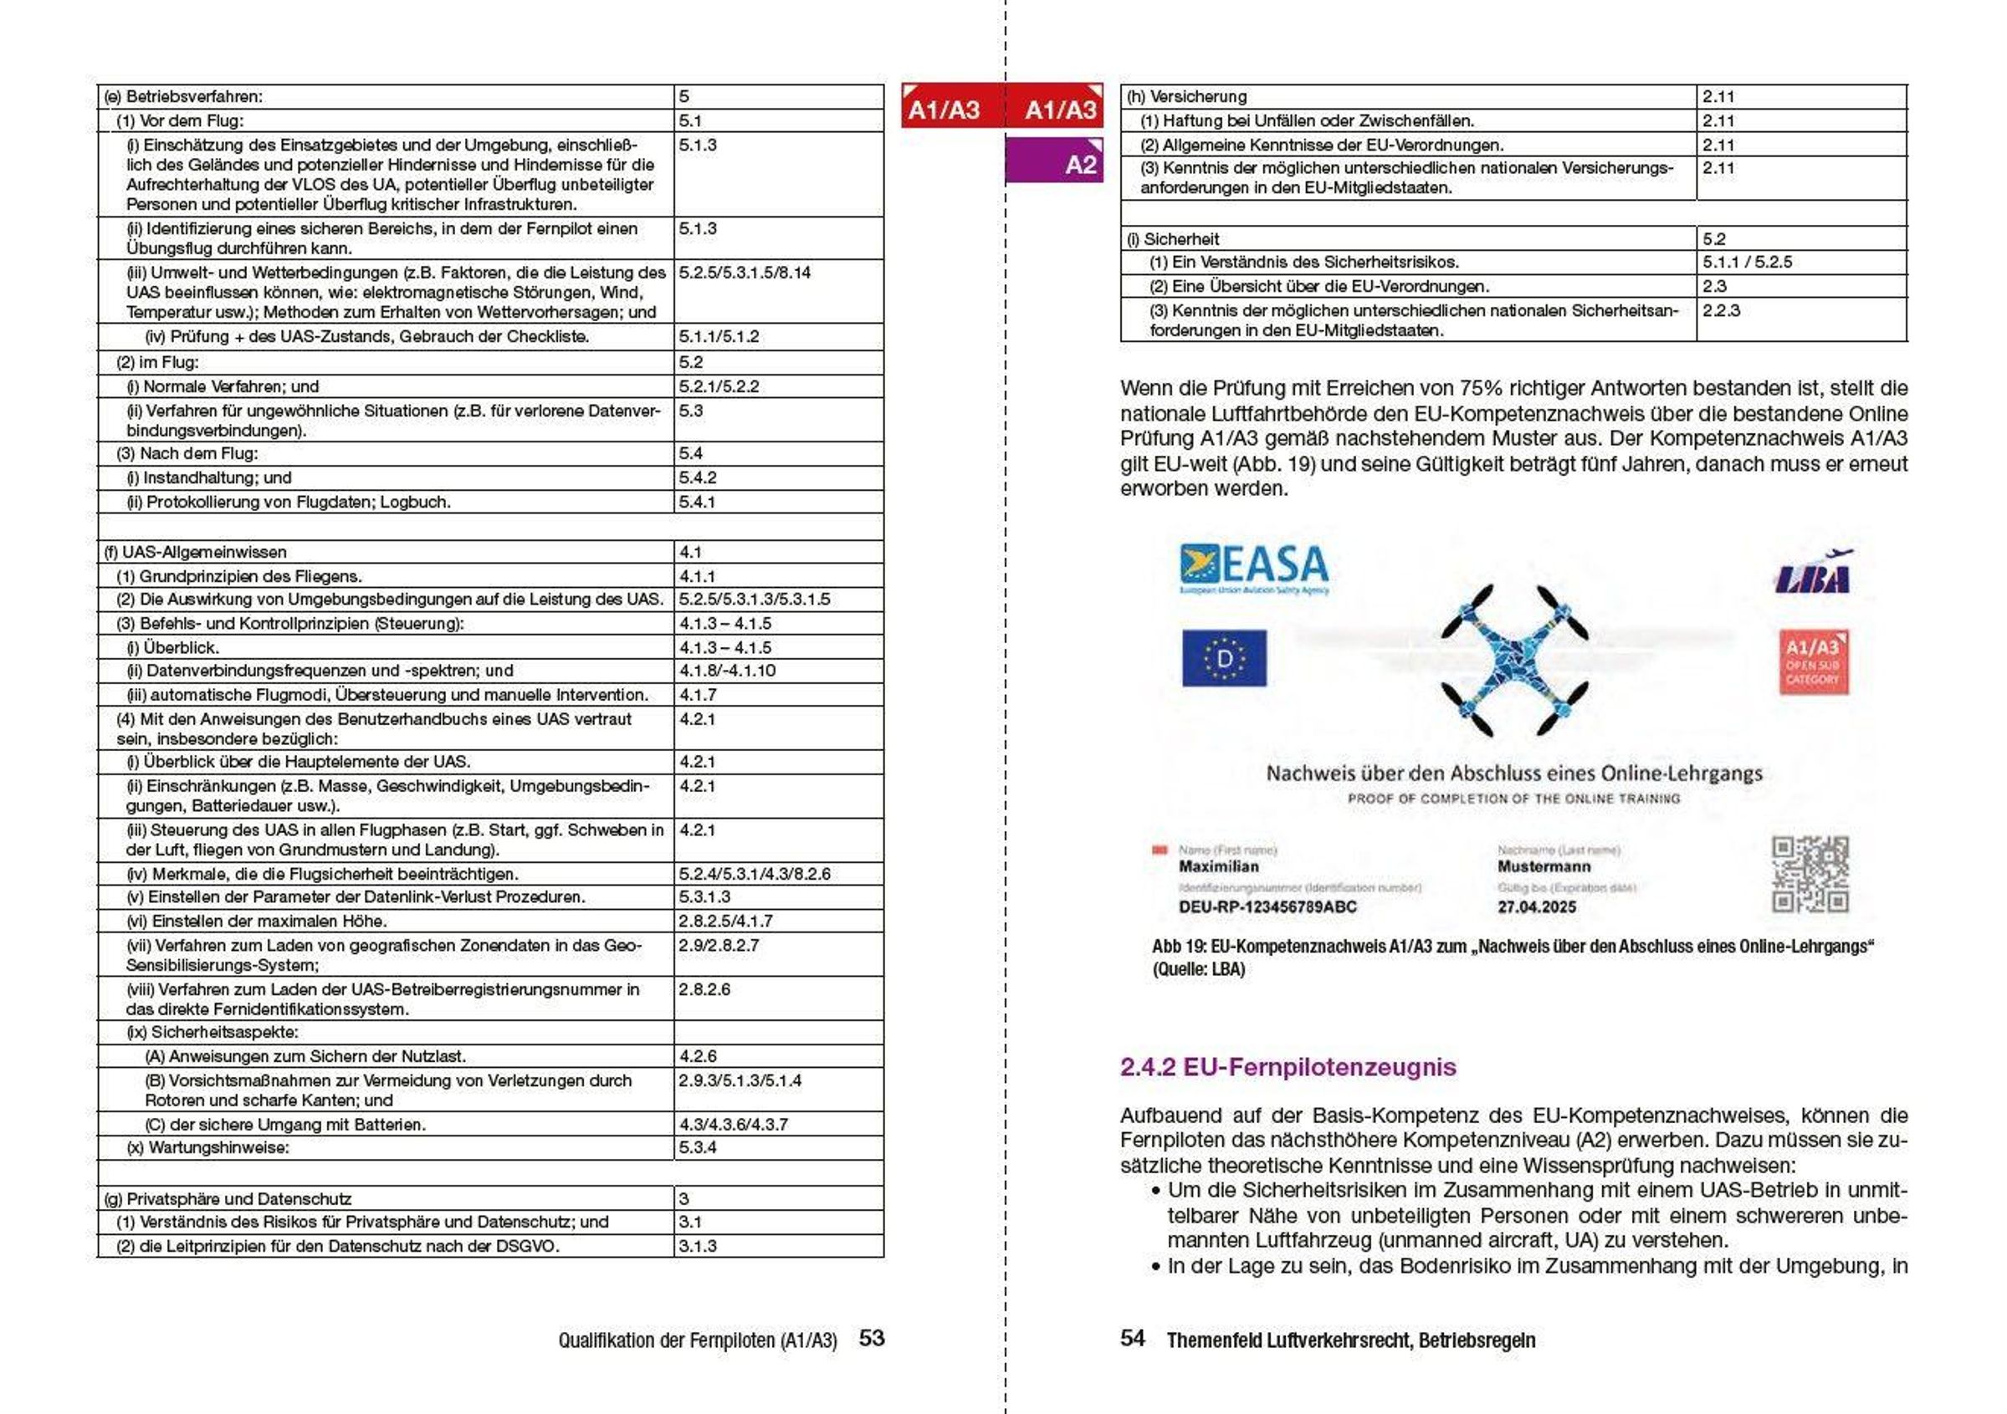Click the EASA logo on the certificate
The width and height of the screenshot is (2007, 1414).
tap(1253, 568)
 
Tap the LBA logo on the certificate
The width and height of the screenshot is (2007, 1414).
tap(1813, 574)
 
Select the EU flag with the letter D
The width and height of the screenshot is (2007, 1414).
tap(1224, 658)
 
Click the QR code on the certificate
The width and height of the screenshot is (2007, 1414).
tap(1810, 874)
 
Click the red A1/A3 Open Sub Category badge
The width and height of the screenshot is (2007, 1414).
tap(1813, 661)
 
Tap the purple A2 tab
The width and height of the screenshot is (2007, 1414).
tap(1055, 162)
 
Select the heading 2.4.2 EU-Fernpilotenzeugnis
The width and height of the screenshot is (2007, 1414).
tap(1288, 1067)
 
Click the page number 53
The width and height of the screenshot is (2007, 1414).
tap(872, 1338)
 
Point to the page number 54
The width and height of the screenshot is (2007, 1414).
tap(1133, 1338)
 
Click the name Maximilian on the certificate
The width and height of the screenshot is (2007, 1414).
tap(1219, 866)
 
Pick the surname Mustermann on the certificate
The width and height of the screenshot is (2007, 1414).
tap(1544, 866)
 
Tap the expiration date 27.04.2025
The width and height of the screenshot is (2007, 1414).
tap(1537, 907)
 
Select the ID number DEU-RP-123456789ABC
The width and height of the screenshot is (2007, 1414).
tap(1267, 907)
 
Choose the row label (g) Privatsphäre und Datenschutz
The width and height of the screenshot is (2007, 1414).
tap(228, 1199)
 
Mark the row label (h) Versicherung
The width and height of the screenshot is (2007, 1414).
tap(1186, 97)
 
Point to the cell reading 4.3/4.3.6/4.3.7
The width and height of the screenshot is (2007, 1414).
tap(734, 1125)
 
